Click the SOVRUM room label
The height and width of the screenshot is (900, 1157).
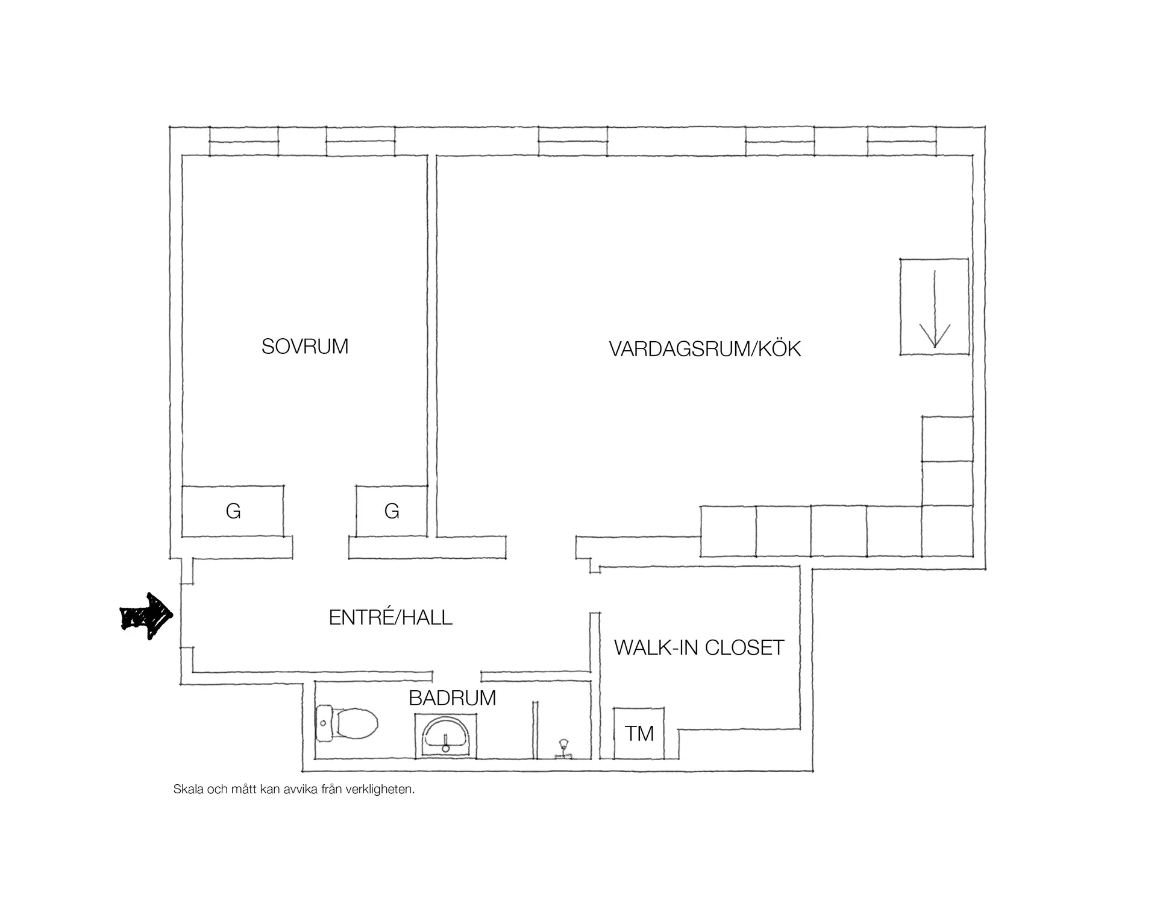click(x=305, y=347)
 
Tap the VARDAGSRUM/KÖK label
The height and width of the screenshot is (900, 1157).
click(x=704, y=349)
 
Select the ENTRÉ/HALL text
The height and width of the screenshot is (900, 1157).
click(x=390, y=617)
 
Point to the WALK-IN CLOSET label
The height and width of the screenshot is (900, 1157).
click(x=699, y=647)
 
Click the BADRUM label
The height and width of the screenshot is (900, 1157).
click(x=453, y=698)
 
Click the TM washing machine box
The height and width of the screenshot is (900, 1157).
click(x=639, y=733)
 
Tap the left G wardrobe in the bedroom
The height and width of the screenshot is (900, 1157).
click(x=233, y=511)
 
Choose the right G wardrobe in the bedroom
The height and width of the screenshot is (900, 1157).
click(x=392, y=511)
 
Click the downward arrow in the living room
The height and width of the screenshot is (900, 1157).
click(x=934, y=309)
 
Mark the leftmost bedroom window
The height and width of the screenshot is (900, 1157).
click(x=244, y=141)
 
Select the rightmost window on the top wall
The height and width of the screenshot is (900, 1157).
click(x=901, y=141)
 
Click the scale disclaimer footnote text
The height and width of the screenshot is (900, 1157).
click(x=294, y=789)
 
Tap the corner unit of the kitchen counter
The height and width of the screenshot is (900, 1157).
click(x=947, y=531)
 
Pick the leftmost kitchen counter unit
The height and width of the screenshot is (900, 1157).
click(x=728, y=531)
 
